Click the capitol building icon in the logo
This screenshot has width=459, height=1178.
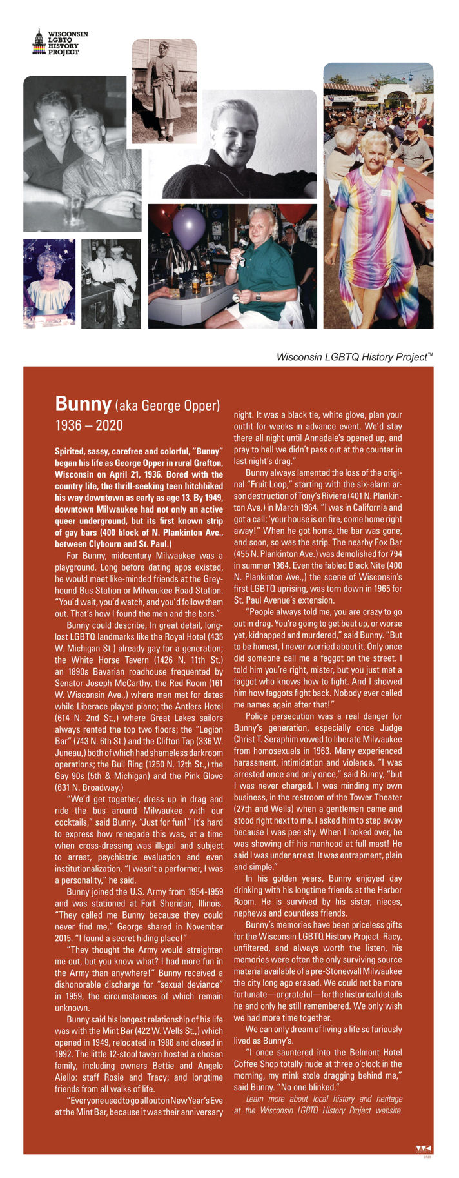[39, 42]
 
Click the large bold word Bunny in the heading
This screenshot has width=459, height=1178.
[83, 403]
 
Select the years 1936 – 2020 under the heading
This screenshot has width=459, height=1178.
[89, 425]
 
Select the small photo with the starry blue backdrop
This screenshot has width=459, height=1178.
[49, 283]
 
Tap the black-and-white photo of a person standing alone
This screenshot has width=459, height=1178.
[164, 90]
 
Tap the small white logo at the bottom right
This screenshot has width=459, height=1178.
[423, 1149]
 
